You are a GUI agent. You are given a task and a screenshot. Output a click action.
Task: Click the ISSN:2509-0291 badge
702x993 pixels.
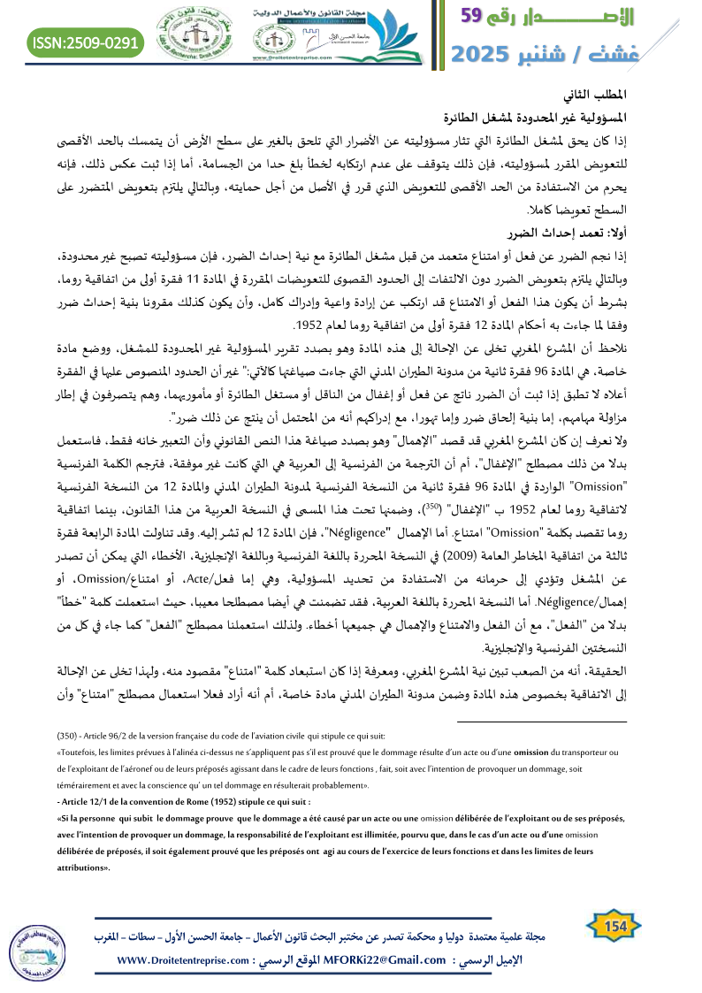click(x=86, y=42)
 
